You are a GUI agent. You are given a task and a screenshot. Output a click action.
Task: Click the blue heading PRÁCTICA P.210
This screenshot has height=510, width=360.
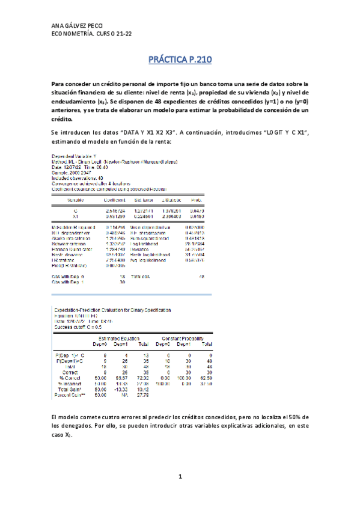tap(180, 61)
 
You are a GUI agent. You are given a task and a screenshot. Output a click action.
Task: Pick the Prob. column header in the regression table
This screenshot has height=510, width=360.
tap(196, 199)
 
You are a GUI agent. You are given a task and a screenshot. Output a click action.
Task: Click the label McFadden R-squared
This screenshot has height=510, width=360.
tap(72, 226)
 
